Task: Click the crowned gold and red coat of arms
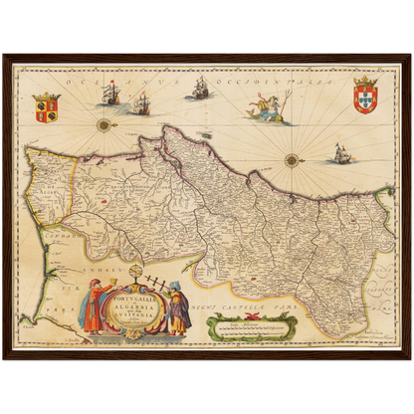[46, 106]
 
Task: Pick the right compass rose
[293, 159]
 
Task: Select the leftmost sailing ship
[109, 94]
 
